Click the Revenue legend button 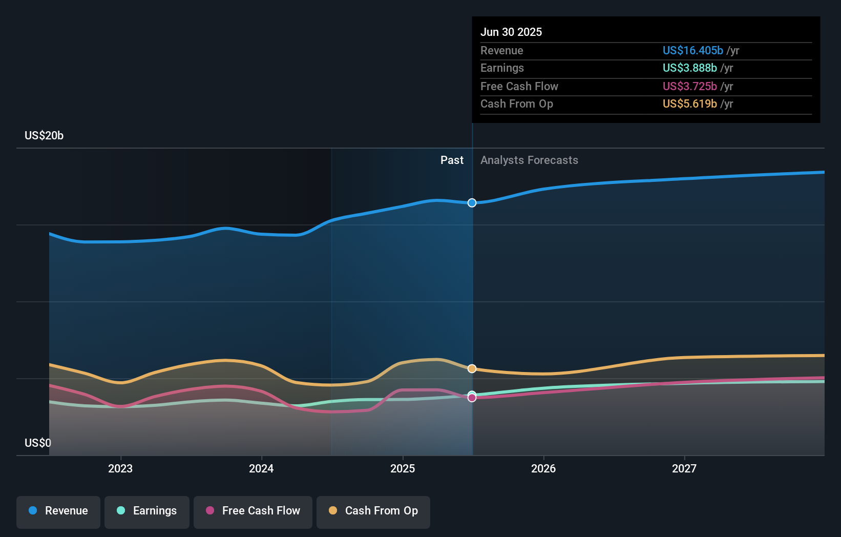[x=58, y=511]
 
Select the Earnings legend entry [x=147, y=511]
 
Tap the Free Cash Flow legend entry [x=253, y=511]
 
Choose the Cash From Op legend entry [x=373, y=511]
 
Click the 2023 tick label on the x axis [x=120, y=468]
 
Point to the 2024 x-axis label [x=261, y=468]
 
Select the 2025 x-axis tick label [x=403, y=468]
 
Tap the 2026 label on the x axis [x=543, y=468]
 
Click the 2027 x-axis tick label [x=684, y=468]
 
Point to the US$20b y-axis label [x=44, y=135]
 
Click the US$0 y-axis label [x=38, y=443]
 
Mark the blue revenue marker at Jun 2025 [x=472, y=203]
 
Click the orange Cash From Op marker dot [x=472, y=369]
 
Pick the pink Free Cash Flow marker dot [x=472, y=398]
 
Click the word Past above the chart [x=452, y=160]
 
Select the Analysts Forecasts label [x=529, y=160]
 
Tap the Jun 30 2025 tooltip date [x=511, y=32]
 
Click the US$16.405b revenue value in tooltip [x=692, y=50]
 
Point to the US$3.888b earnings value [x=689, y=68]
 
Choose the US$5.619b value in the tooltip [x=689, y=104]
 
